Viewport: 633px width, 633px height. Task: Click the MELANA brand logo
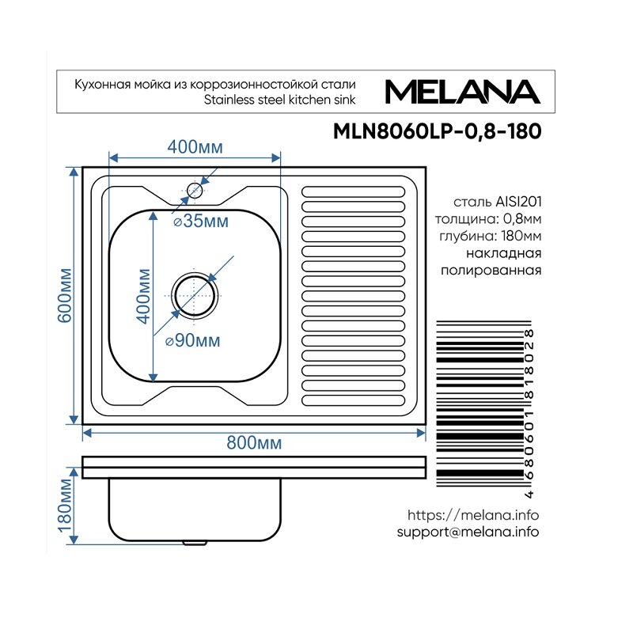(463, 92)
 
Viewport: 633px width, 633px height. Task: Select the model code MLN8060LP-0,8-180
(438, 131)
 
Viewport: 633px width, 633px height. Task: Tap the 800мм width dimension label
(254, 443)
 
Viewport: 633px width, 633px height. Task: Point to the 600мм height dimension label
(65, 295)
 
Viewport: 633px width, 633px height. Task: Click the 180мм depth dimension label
(65, 506)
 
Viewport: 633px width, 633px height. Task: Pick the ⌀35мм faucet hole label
(201, 221)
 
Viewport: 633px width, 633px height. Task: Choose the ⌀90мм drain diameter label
(193, 341)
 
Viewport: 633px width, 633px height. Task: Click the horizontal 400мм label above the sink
(195, 147)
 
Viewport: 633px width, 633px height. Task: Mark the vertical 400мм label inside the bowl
(143, 296)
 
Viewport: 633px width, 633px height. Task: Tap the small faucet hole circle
(195, 190)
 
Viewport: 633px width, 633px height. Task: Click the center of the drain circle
(195, 295)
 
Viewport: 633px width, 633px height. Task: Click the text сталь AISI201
(498, 202)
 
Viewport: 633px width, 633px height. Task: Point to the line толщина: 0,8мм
(488, 219)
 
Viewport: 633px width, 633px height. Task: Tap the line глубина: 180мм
(491, 236)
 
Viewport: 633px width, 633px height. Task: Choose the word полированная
(491, 270)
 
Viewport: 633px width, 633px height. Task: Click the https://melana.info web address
(473, 515)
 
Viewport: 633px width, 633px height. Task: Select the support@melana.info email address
(468, 532)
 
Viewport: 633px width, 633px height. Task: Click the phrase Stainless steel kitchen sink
(280, 100)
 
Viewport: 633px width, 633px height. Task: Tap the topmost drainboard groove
(353, 191)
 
